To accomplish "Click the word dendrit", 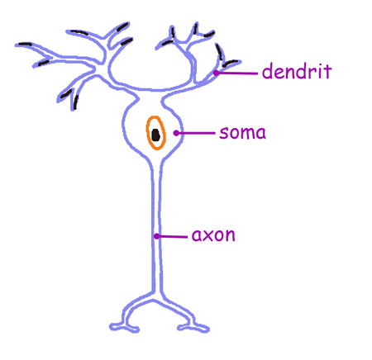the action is pos(297,71).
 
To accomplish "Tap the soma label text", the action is pos(242,133).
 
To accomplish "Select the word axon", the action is pos(213,235).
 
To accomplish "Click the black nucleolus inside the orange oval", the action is pos(156,135).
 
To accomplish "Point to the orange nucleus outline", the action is pos(147,133).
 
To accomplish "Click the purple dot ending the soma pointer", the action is pos(176,133).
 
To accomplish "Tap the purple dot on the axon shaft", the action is pos(156,236).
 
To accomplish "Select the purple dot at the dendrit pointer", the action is pos(217,73).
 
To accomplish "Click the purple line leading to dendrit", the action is pos(237,73).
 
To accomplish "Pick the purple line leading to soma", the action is pos(196,133).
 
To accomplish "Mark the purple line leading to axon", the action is pos(172,236).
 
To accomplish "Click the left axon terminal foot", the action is pos(125,328).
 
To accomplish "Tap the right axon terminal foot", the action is pos(193,328).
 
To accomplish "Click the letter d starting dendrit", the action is pos(267,72).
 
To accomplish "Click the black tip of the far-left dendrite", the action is pos(25,44).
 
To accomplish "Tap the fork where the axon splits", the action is pos(156,295).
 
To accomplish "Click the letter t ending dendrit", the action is pos(327,72).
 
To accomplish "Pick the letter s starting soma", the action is pos(223,133).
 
